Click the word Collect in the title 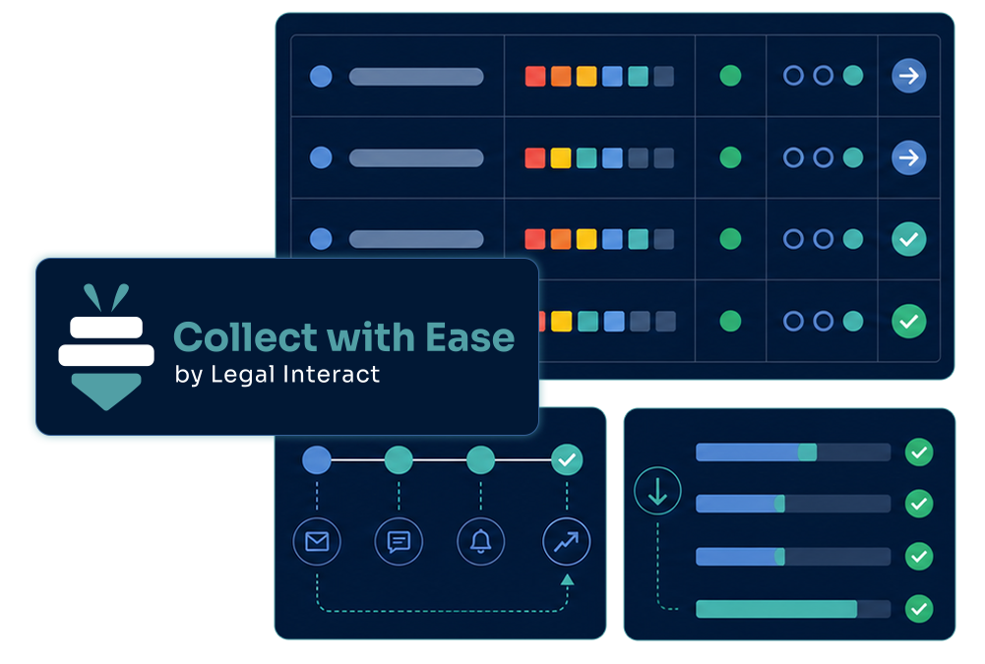(246, 337)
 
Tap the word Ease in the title (470, 337)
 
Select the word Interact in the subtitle (332, 375)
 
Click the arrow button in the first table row (908, 76)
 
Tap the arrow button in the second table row (908, 157)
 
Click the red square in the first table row (535, 76)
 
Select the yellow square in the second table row (560, 157)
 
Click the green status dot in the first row (730, 76)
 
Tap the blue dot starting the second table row (321, 157)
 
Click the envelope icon (317, 541)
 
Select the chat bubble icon (399, 541)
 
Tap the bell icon (480, 541)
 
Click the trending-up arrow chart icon (567, 541)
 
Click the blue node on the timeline (317, 459)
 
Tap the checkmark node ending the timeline (567, 459)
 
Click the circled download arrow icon (657, 491)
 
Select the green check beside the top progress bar (919, 453)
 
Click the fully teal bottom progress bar (776, 609)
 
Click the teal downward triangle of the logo (106, 390)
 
